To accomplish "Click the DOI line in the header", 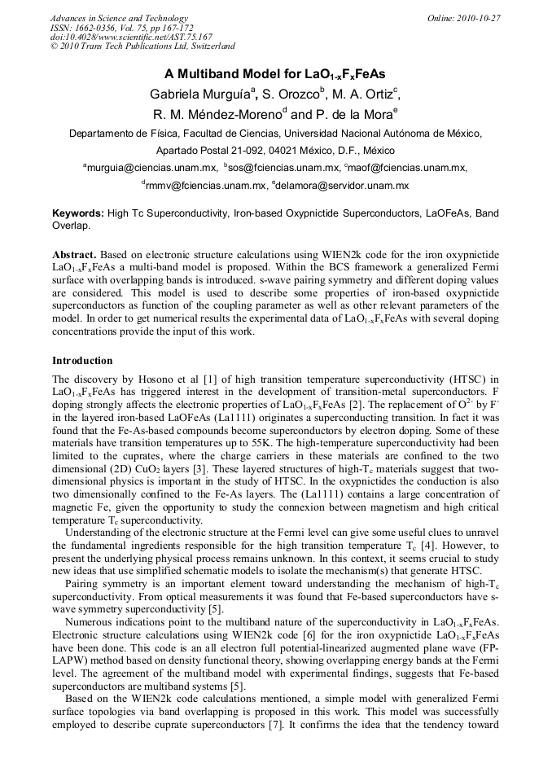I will pos(131,37).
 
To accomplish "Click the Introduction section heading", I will pos(83,360).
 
